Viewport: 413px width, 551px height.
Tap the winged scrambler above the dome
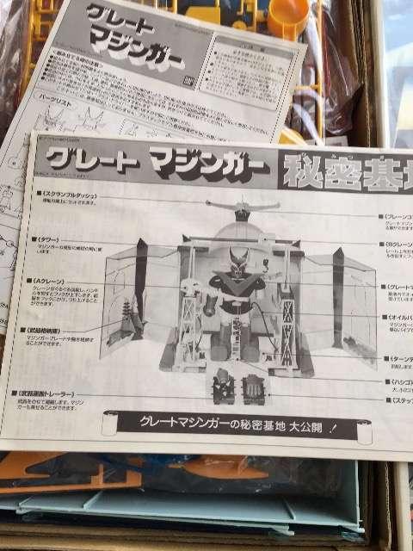tap(242, 207)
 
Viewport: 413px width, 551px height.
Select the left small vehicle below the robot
tap(222, 386)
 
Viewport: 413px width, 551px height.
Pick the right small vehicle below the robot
tap(254, 387)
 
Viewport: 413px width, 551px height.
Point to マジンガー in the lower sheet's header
tap(206, 164)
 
